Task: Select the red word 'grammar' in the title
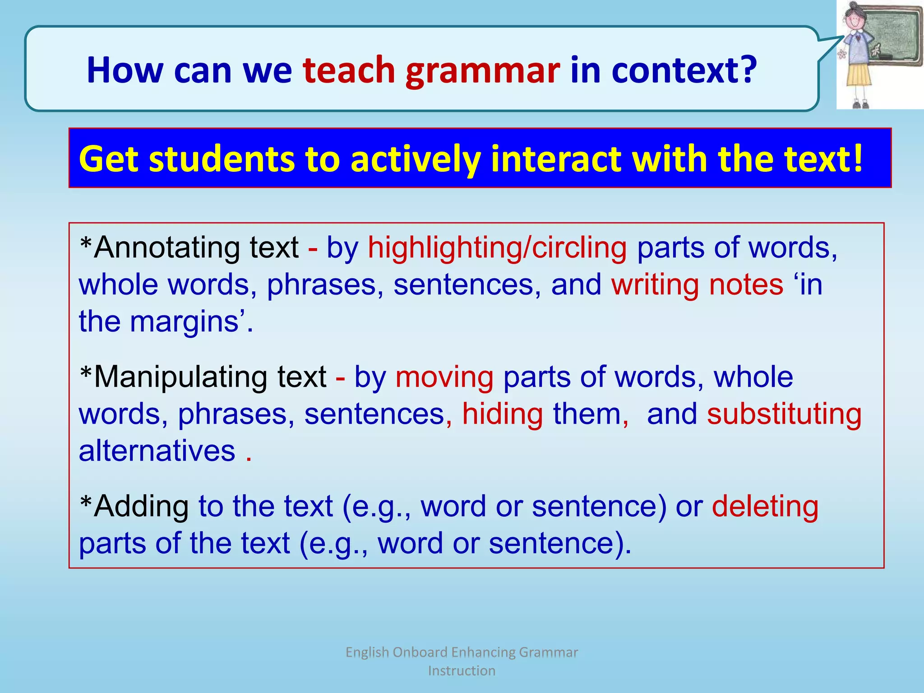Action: click(x=482, y=71)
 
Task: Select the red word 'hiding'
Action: click(x=502, y=414)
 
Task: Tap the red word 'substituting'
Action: click(x=784, y=414)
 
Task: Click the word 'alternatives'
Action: click(x=157, y=451)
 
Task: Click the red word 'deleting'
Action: click(x=765, y=506)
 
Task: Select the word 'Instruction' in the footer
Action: click(x=462, y=671)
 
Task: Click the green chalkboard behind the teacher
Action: click(x=893, y=36)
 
